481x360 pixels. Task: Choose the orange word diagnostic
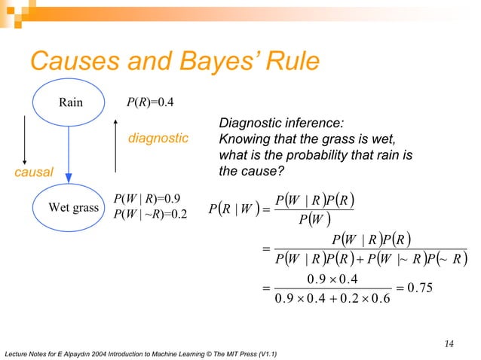pos(158,139)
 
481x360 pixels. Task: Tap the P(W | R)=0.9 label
pos(146,199)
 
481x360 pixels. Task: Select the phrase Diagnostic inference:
pos(280,124)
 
